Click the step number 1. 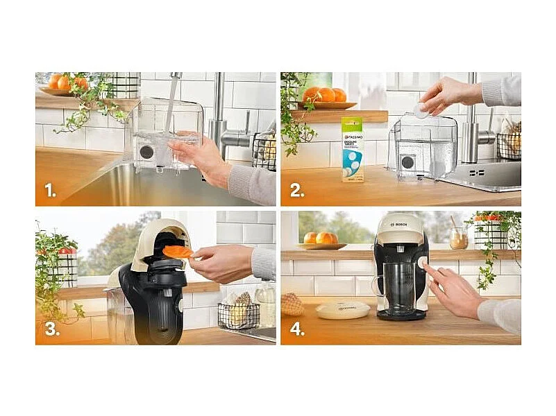click(50, 190)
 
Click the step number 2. click(297, 190)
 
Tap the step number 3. click(51, 329)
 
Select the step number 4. click(297, 329)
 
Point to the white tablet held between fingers click(421, 107)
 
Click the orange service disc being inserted click(178, 252)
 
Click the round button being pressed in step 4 click(422, 263)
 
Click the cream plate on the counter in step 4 click(343, 309)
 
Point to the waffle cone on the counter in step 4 click(292, 304)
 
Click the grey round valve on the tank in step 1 click(146, 151)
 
